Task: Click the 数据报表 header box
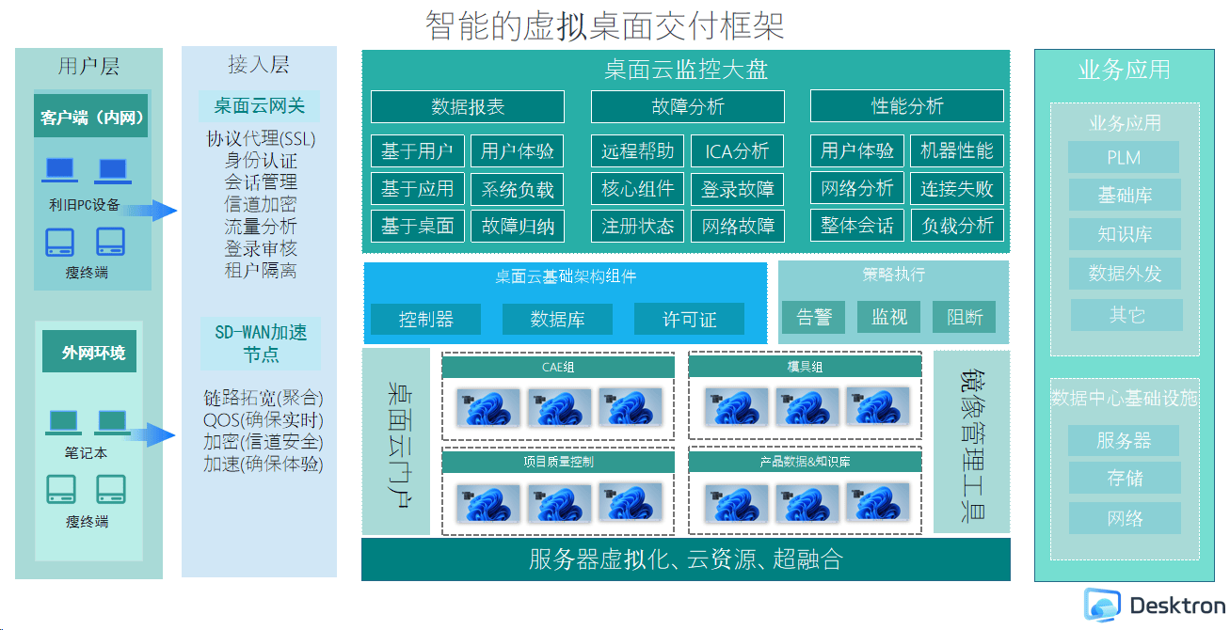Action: (468, 106)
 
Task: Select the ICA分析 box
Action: (737, 150)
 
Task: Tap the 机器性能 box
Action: (956, 150)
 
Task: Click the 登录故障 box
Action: (737, 189)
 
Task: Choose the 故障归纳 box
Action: (518, 226)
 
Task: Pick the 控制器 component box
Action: (425, 319)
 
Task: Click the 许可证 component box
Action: (689, 319)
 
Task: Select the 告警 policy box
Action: (814, 317)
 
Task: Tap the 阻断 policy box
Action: (965, 317)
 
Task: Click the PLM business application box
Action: (1124, 158)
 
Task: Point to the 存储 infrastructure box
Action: (1125, 478)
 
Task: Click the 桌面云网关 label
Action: (259, 106)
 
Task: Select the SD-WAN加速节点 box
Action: (261, 343)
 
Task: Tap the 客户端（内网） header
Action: (91, 116)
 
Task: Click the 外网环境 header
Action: (89, 352)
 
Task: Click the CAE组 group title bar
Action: (558, 367)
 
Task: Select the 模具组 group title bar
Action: (805, 367)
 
